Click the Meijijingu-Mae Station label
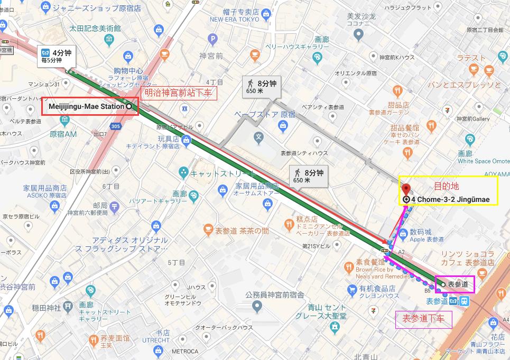tap(86, 106)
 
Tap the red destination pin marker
tap(406, 189)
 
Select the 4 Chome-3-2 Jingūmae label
tap(453, 199)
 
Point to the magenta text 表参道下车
tap(423, 318)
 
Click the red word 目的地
tap(447, 186)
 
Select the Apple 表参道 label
tap(427, 239)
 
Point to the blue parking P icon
tap(213, 39)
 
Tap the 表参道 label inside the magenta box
tap(458, 284)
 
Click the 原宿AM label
tap(63, 134)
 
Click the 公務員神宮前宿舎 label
tap(275, 294)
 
